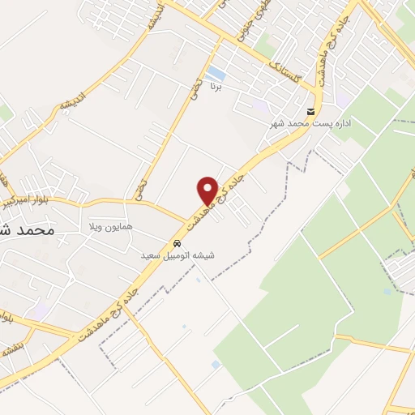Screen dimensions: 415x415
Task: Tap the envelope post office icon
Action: pos(309,112)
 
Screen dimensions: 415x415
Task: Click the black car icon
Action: pos(177,244)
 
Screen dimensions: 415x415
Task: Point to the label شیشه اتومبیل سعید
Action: pos(178,255)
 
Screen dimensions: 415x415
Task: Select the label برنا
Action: pos(215,85)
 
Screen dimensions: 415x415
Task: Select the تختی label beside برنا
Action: pos(194,89)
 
